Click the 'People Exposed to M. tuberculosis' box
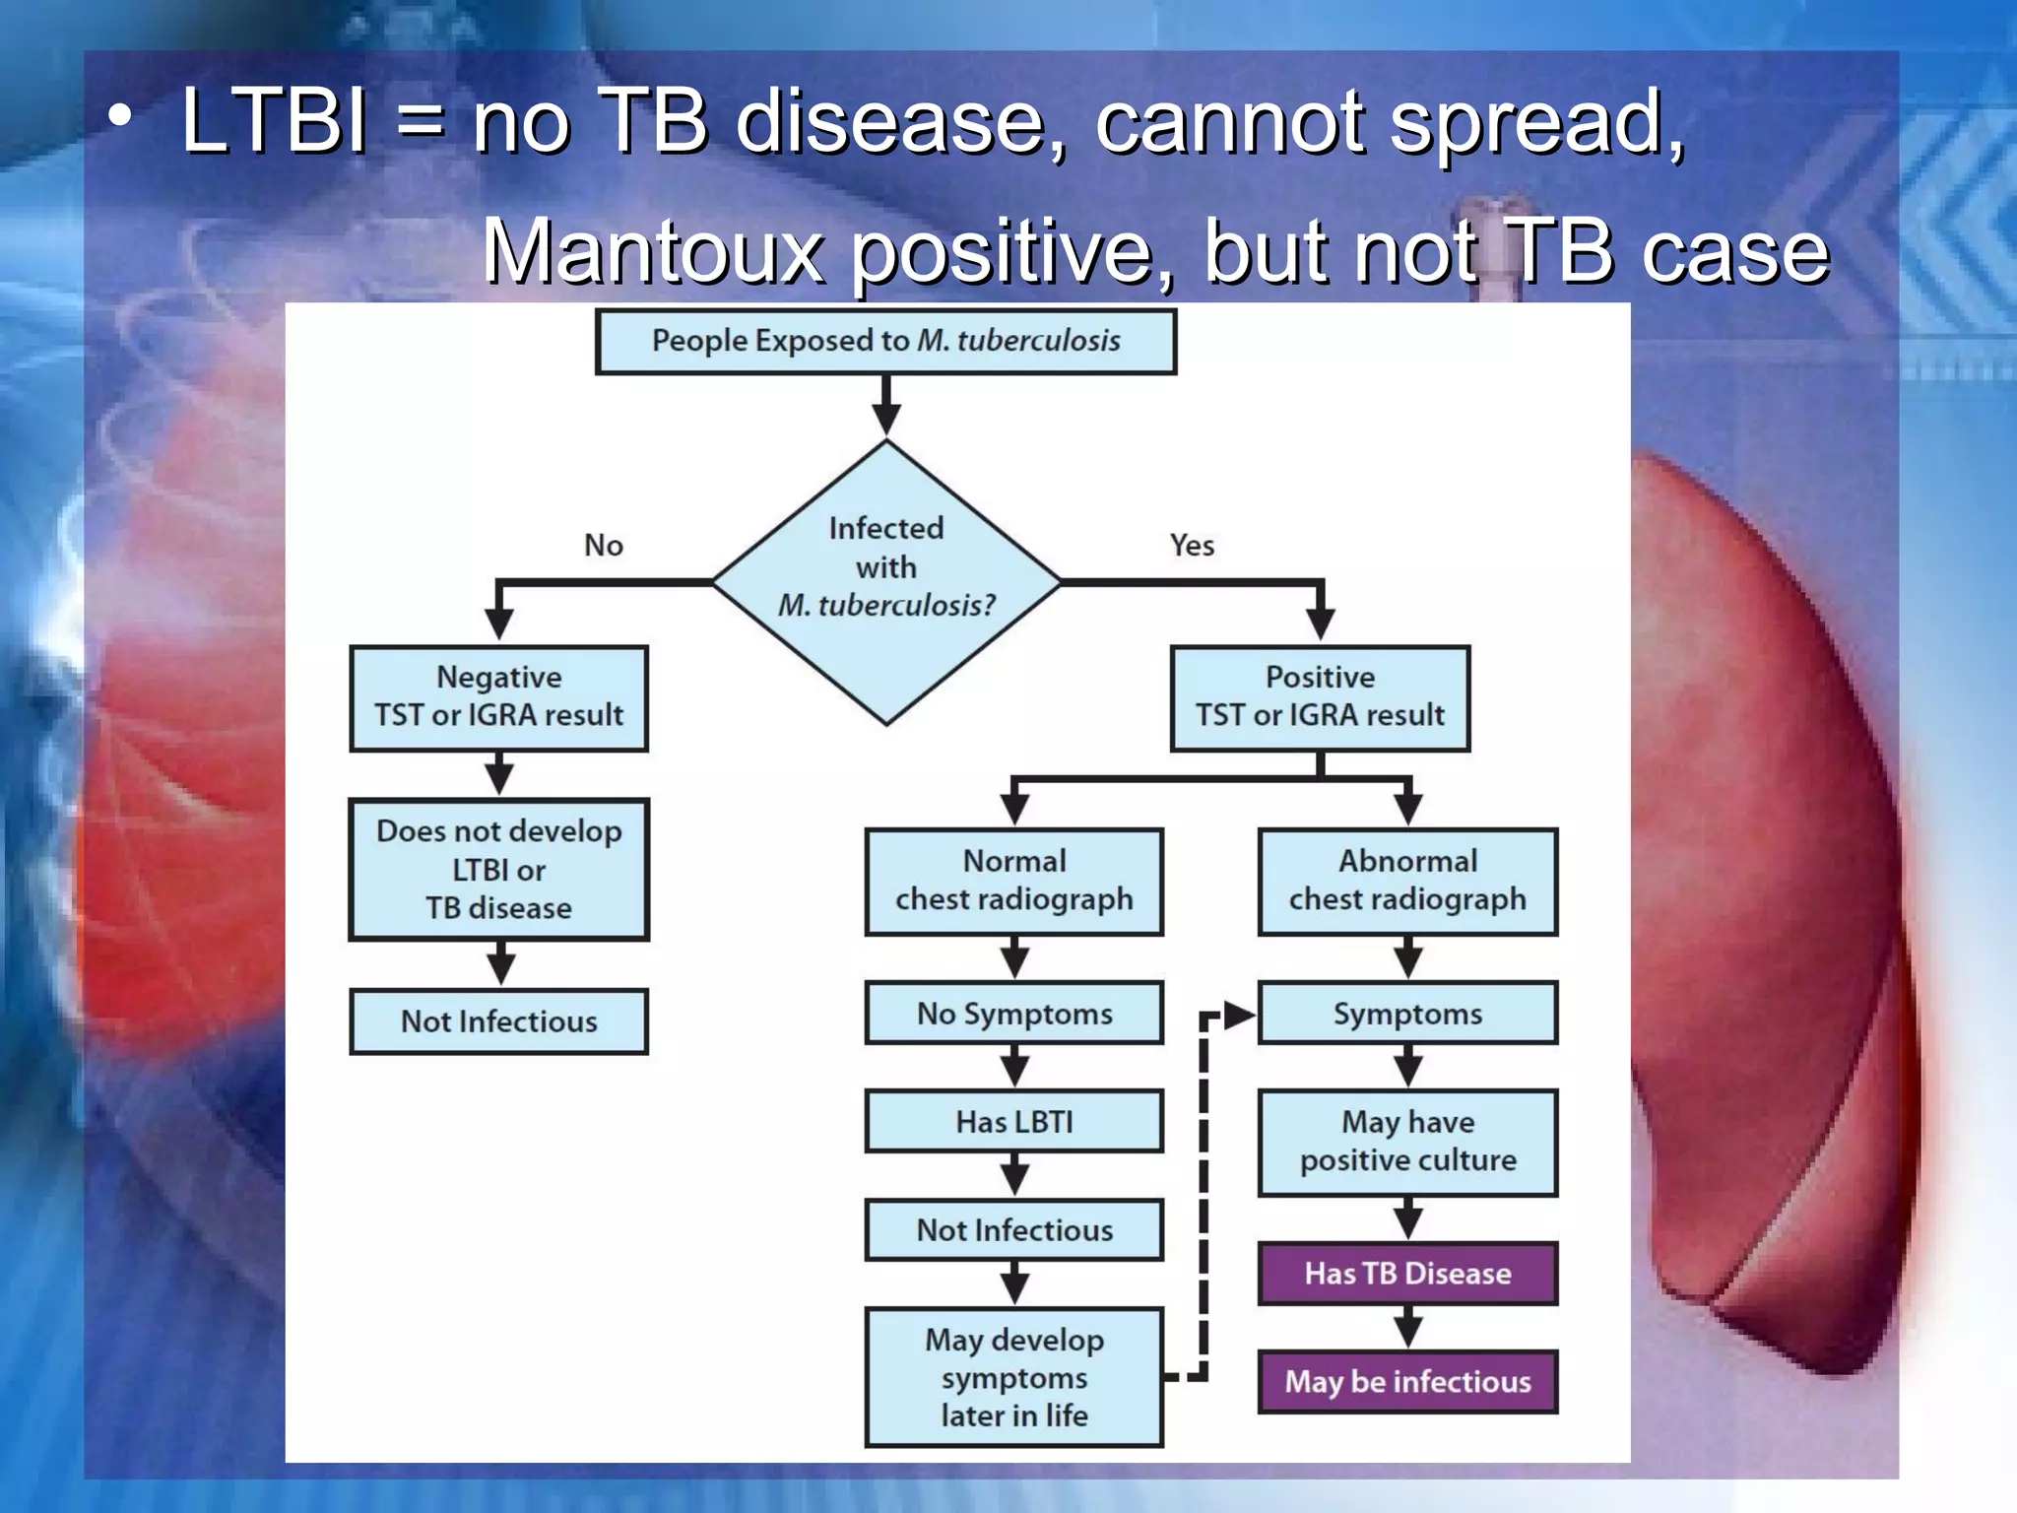coord(885,342)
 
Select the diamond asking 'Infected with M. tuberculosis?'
coord(885,581)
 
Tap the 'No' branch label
coord(603,545)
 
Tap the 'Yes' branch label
coord(1192,545)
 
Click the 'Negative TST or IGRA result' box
coord(498,697)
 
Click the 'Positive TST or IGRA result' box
coord(1320,697)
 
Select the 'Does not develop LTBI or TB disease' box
coord(498,869)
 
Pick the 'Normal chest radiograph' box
coord(1013,881)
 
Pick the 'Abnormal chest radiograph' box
coord(1407,881)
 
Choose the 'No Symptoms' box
coord(1013,1013)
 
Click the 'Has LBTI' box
coord(1013,1121)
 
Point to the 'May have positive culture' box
coord(1407,1142)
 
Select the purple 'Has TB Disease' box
coord(1407,1273)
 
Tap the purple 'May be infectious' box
coord(1407,1381)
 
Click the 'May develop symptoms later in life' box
coord(1013,1377)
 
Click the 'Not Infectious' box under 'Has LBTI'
coord(1013,1229)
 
